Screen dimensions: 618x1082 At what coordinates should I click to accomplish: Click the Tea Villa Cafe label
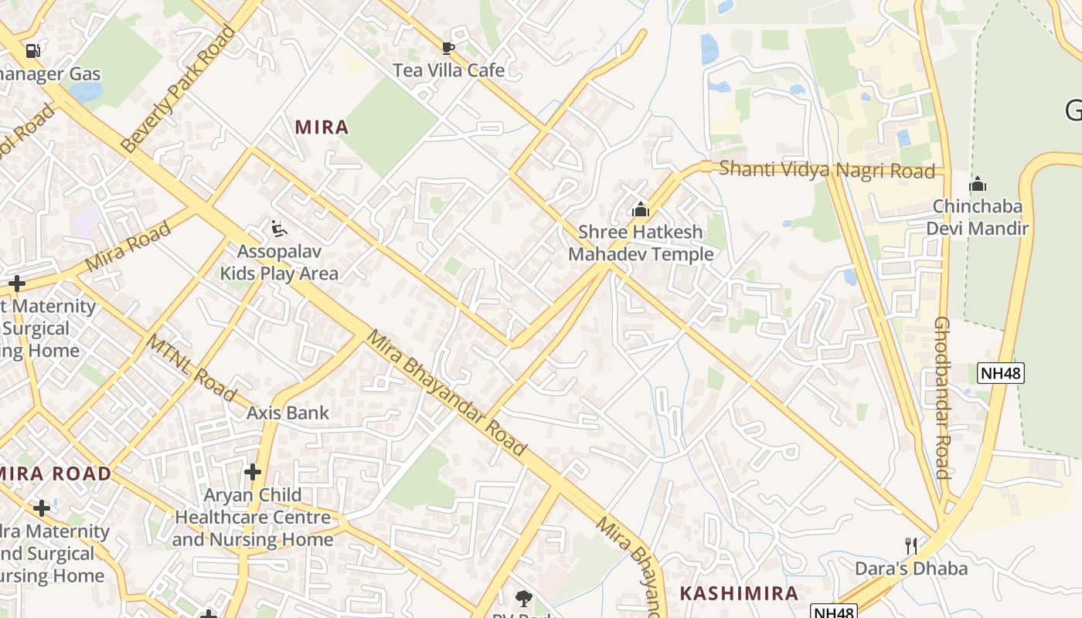click(448, 70)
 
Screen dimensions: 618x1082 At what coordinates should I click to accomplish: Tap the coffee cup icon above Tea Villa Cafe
click(447, 48)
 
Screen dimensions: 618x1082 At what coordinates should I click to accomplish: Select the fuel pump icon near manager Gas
click(32, 51)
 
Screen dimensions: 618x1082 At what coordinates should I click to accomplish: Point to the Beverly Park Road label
click(178, 90)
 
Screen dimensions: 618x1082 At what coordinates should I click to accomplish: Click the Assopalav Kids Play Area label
click(279, 263)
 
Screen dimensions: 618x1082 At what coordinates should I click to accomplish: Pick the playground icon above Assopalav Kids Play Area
click(279, 229)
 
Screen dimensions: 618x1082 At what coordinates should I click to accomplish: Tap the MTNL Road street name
click(191, 368)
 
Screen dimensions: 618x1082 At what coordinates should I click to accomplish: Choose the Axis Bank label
click(288, 413)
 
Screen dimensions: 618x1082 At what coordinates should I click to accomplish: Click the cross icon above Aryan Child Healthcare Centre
click(253, 471)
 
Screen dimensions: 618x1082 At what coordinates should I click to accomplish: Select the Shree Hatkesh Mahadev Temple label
click(641, 243)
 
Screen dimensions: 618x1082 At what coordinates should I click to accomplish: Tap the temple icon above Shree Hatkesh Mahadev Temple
click(640, 209)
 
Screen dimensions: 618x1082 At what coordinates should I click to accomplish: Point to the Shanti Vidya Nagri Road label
click(827, 169)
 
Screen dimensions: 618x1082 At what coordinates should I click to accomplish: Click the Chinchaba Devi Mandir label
click(978, 217)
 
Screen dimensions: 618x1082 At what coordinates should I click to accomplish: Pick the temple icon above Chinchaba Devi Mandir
click(978, 185)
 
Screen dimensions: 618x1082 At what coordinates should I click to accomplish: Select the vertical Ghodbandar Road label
click(942, 398)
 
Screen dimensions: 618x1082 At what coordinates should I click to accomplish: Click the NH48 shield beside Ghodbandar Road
click(1001, 373)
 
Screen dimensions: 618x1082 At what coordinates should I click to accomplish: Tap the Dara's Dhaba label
click(910, 569)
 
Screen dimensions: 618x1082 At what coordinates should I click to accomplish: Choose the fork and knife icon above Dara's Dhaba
click(911, 546)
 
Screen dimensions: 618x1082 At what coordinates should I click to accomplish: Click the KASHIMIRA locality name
click(739, 593)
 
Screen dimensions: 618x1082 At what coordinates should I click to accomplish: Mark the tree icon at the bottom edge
click(524, 598)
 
